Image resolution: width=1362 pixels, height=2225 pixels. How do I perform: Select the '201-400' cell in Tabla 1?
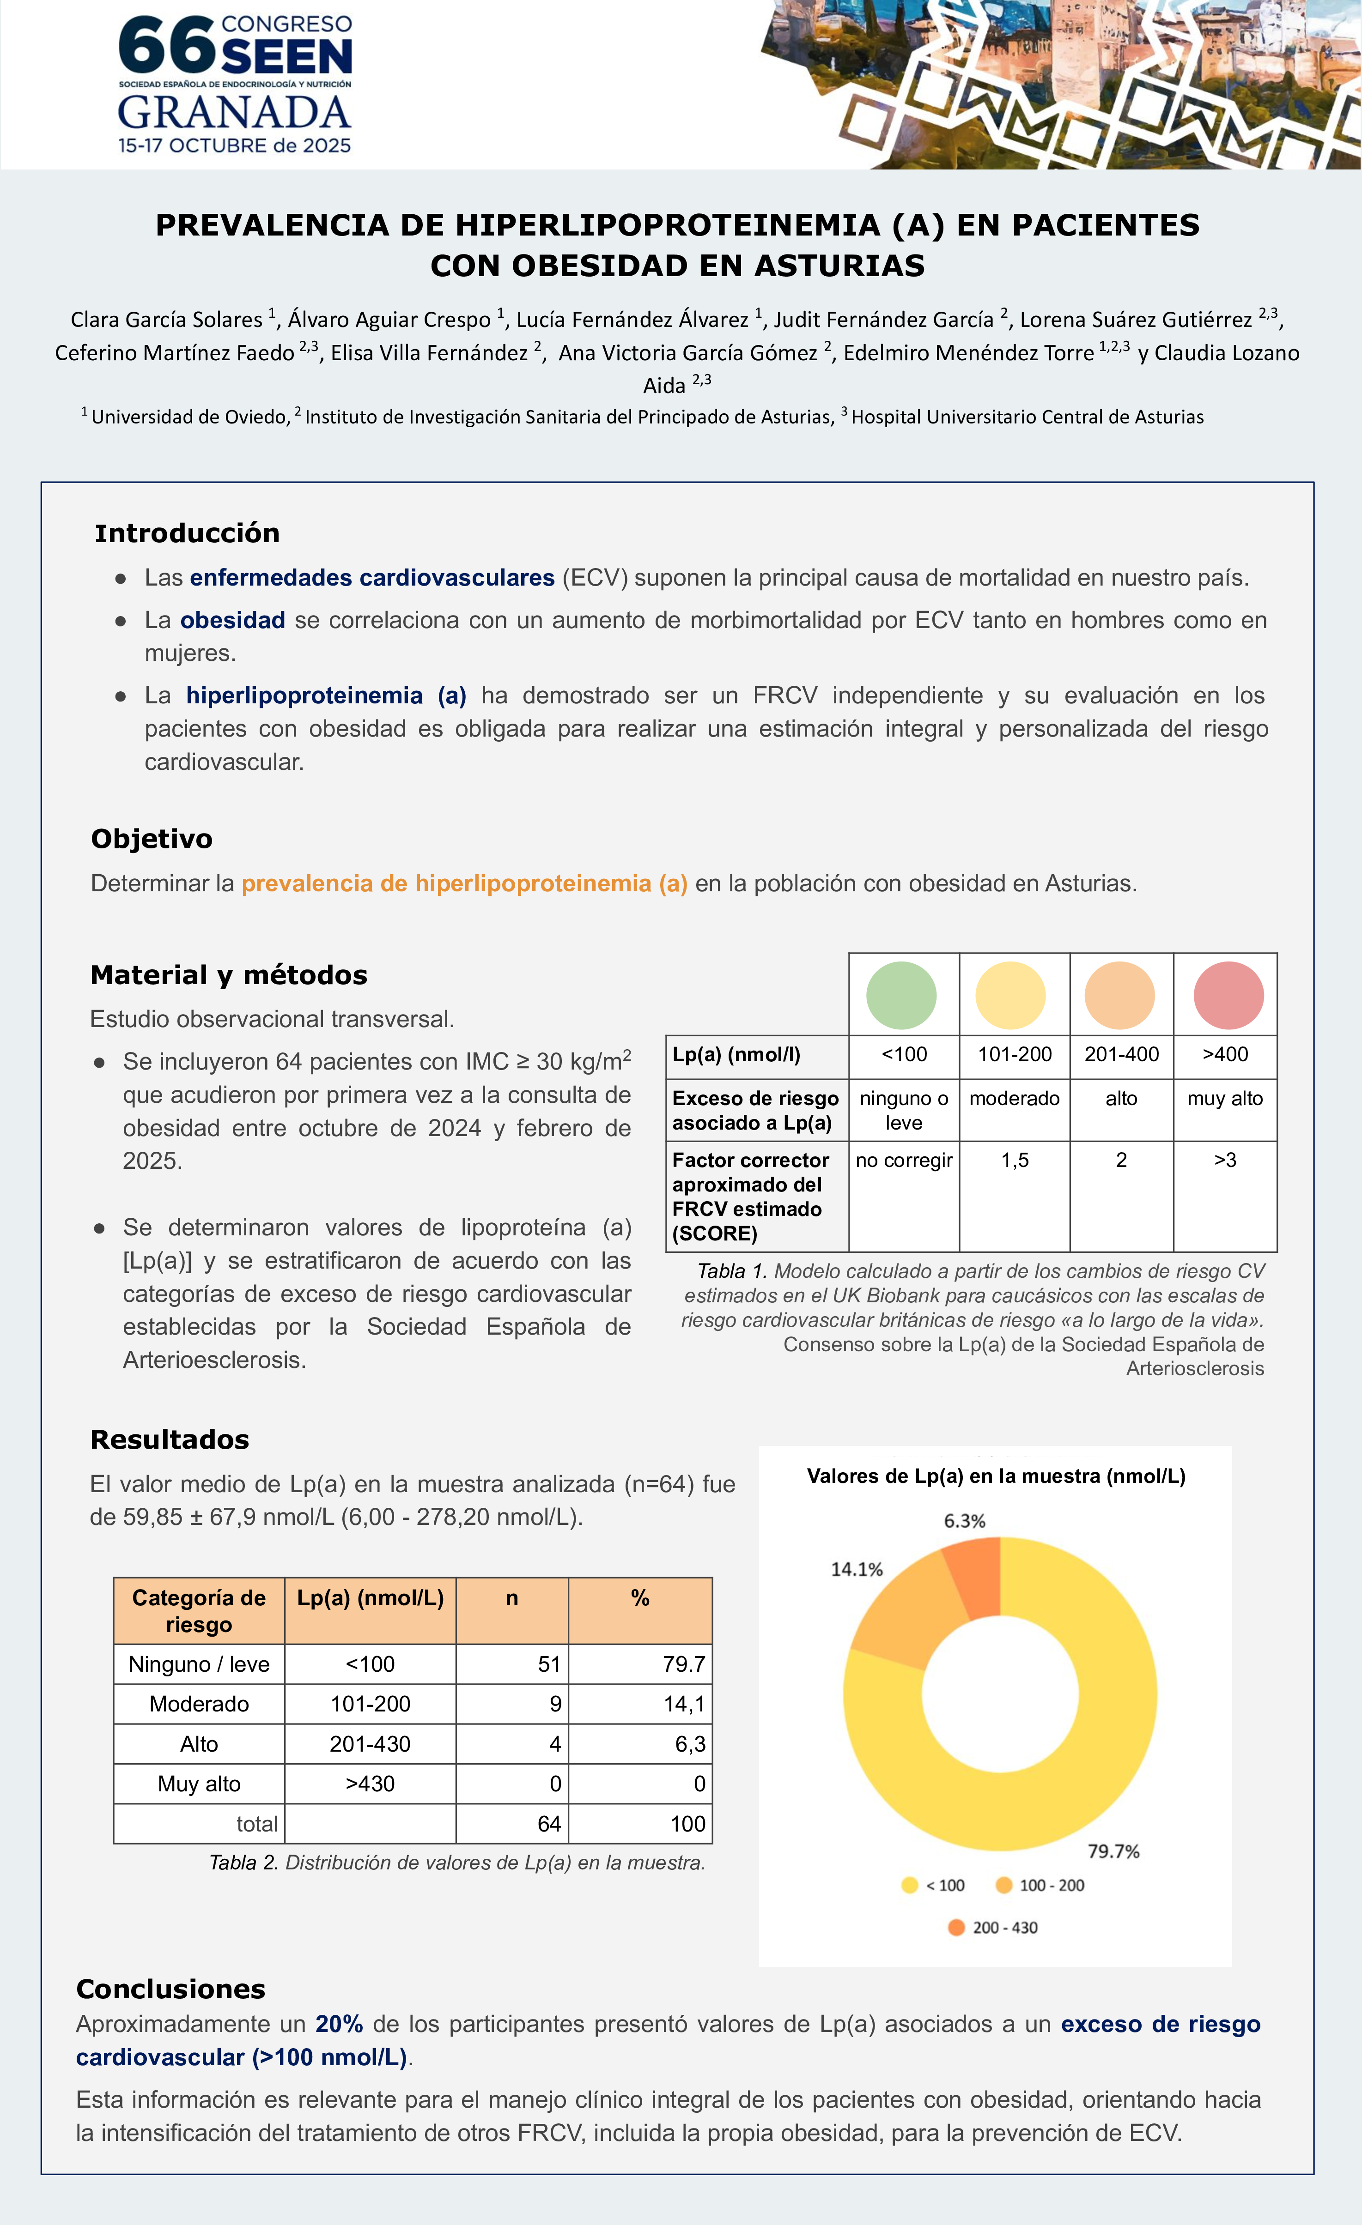(1121, 1055)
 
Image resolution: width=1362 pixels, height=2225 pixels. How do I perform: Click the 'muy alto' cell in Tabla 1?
(1225, 1099)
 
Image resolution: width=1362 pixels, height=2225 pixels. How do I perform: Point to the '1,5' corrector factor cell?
(1014, 1161)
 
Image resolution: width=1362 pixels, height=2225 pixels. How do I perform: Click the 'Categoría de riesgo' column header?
(199, 1611)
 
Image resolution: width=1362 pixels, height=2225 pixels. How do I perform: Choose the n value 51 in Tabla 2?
(549, 1664)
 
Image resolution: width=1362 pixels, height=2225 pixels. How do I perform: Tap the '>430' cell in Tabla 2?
(371, 1784)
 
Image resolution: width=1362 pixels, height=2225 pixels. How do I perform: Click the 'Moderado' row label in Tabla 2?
(199, 1704)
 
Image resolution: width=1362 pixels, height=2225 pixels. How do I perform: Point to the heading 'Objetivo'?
(152, 839)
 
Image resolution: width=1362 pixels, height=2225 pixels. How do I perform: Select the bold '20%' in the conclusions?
(339, 2025)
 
